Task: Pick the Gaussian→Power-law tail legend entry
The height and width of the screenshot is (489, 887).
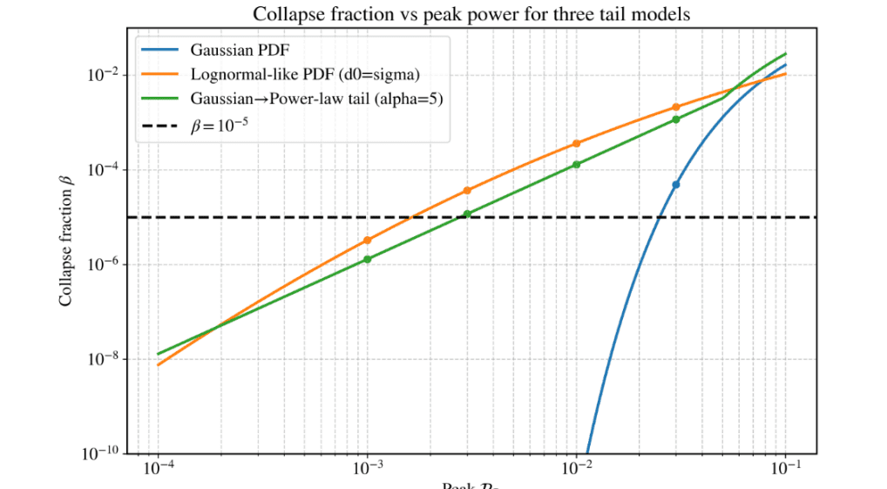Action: pos(317,98)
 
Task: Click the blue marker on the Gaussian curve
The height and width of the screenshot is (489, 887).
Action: pos(676,185)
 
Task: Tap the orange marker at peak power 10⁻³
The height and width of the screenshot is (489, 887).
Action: pos(368,241)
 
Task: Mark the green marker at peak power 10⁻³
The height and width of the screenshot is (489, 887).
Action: pos(368,259)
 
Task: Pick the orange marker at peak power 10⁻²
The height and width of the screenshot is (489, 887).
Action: pos(577,144)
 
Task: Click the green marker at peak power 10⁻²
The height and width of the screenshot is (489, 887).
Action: pos(577,165)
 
